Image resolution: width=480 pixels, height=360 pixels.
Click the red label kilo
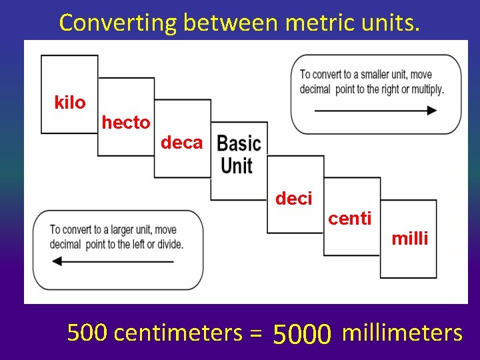(70, 103)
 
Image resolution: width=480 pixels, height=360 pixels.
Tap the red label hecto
(126, 123)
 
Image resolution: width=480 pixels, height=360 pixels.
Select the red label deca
(181, 142)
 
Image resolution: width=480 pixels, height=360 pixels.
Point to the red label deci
(293, 198)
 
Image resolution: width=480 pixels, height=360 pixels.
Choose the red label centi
(350, 218)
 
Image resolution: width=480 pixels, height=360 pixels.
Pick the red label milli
(409, 239)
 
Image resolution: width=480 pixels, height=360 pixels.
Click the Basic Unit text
(239, 154)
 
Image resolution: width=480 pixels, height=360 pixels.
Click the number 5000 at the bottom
(302, 333)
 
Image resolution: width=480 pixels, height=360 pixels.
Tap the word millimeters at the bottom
(401, 332)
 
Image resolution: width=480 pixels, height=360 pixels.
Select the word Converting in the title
(119, 23)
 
